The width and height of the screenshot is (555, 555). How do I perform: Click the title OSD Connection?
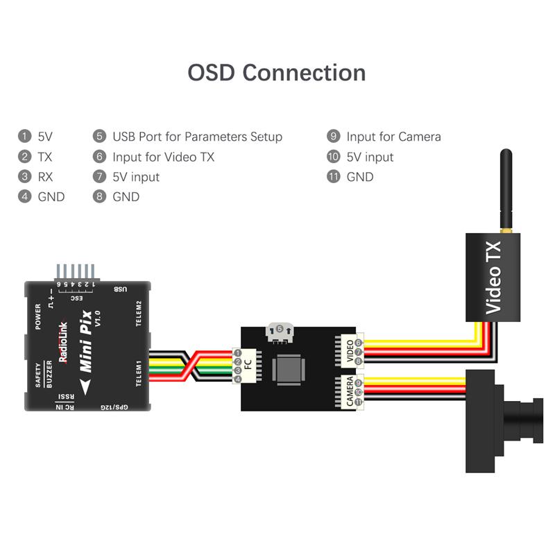[277, 73]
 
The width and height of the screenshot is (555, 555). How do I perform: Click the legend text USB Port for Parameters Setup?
[197, 137]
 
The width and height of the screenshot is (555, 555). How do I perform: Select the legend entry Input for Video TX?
[163, 157]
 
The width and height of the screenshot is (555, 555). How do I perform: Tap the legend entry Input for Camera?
[393, 137]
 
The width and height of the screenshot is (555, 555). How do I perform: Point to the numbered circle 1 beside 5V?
[26, 137]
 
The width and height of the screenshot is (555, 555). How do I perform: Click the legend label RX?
[46, 177]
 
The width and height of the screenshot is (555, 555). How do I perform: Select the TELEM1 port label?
[138, 375]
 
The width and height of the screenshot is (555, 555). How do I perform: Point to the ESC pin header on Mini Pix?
[76, 274]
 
